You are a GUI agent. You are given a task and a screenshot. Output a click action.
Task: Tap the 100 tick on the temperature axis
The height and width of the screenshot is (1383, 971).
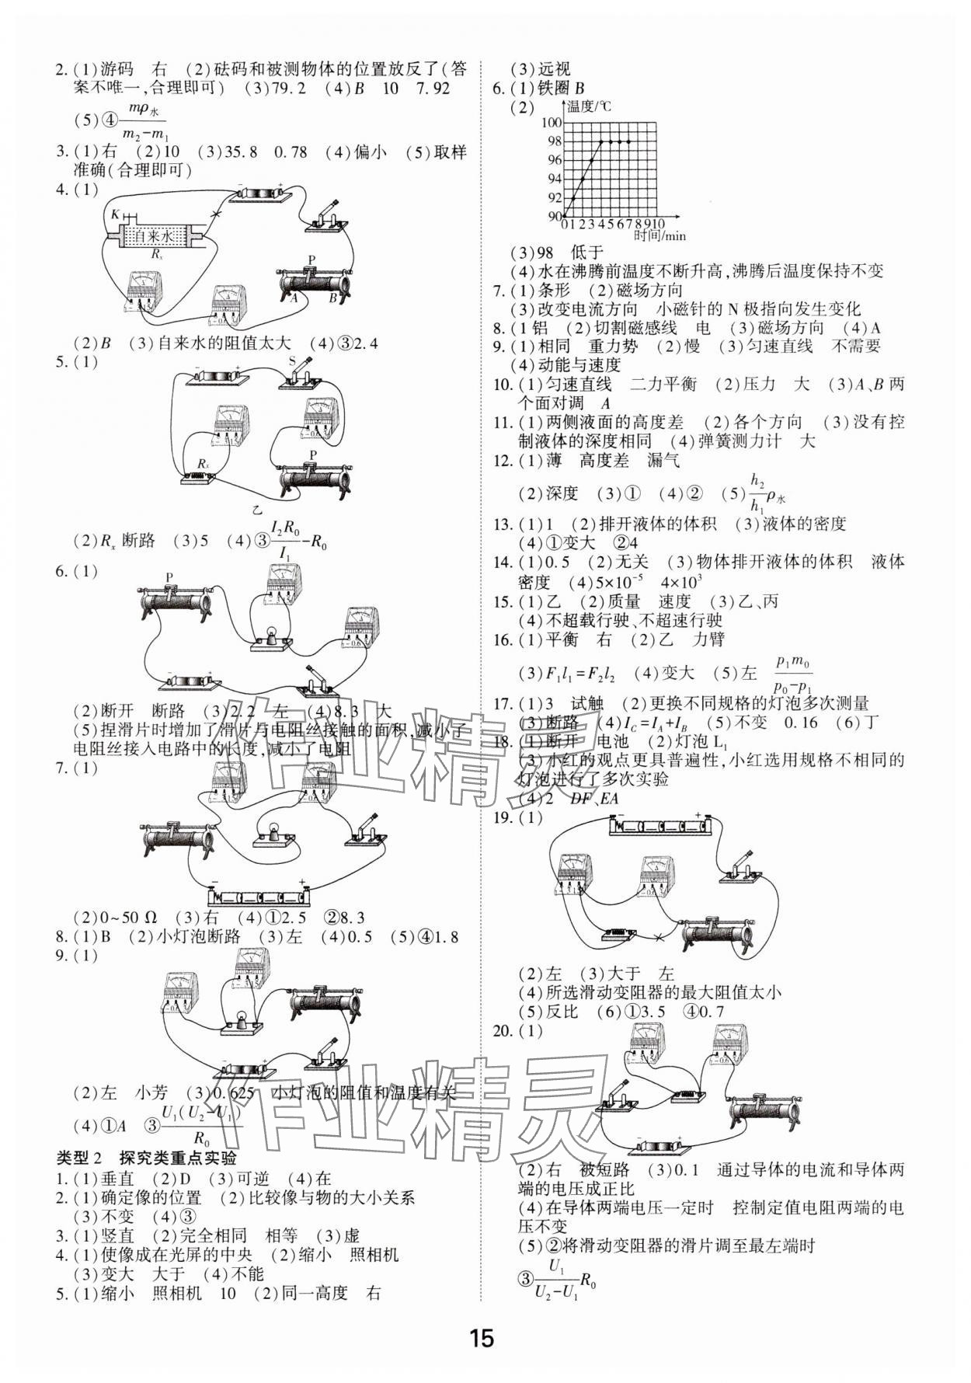coord(552,123)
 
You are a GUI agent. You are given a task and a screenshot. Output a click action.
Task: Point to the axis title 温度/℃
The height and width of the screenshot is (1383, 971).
coord(589,106)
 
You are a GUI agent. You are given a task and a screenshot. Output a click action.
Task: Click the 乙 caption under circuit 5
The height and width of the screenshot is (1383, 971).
coord(256,510)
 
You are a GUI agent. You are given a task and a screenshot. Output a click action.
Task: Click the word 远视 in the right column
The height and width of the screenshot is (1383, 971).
coord(554,69)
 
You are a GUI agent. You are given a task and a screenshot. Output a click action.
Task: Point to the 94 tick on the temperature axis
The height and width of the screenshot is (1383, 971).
coord(552,179)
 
